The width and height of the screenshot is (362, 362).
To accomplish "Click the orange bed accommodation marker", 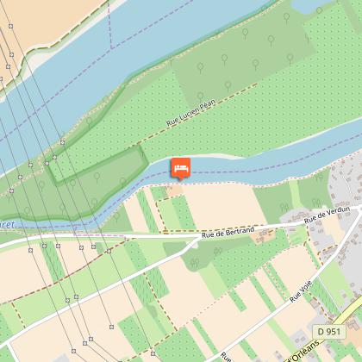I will tap(181, 166).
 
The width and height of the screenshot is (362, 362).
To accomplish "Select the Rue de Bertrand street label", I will tap(228, 232).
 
